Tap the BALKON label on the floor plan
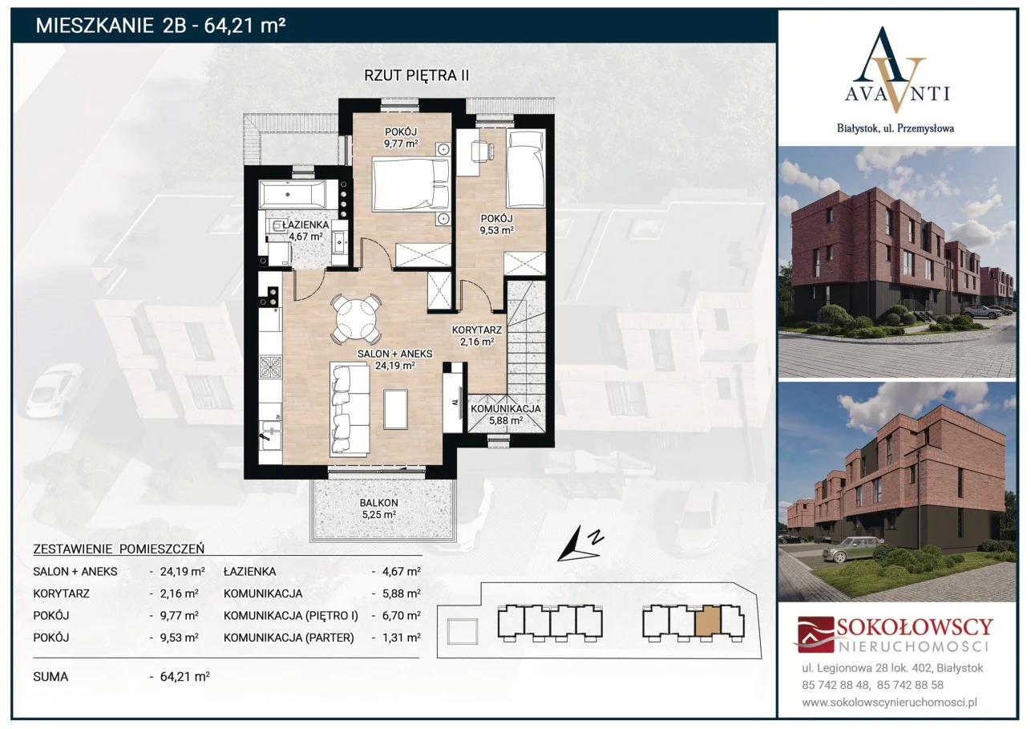tap(378, 502)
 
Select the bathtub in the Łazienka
tap(293, 194)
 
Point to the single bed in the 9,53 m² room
tap(526, 168)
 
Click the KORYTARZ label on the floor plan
tap(476, 330)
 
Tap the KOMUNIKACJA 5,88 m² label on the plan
tap(505, 414)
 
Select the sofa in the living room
tap(350, 409)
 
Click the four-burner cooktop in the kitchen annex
tap(270, 367)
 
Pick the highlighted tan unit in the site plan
tap(707, 622)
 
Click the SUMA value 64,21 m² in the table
tap(185, 677)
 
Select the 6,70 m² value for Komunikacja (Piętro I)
tap(402, 615)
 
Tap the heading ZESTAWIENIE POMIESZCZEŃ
tap(119, 549)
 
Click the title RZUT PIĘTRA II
tap(416, 75)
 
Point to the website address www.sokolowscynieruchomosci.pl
tap(889, 703)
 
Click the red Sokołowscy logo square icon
tap(816, 634)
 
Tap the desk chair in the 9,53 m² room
tap(482, 151)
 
